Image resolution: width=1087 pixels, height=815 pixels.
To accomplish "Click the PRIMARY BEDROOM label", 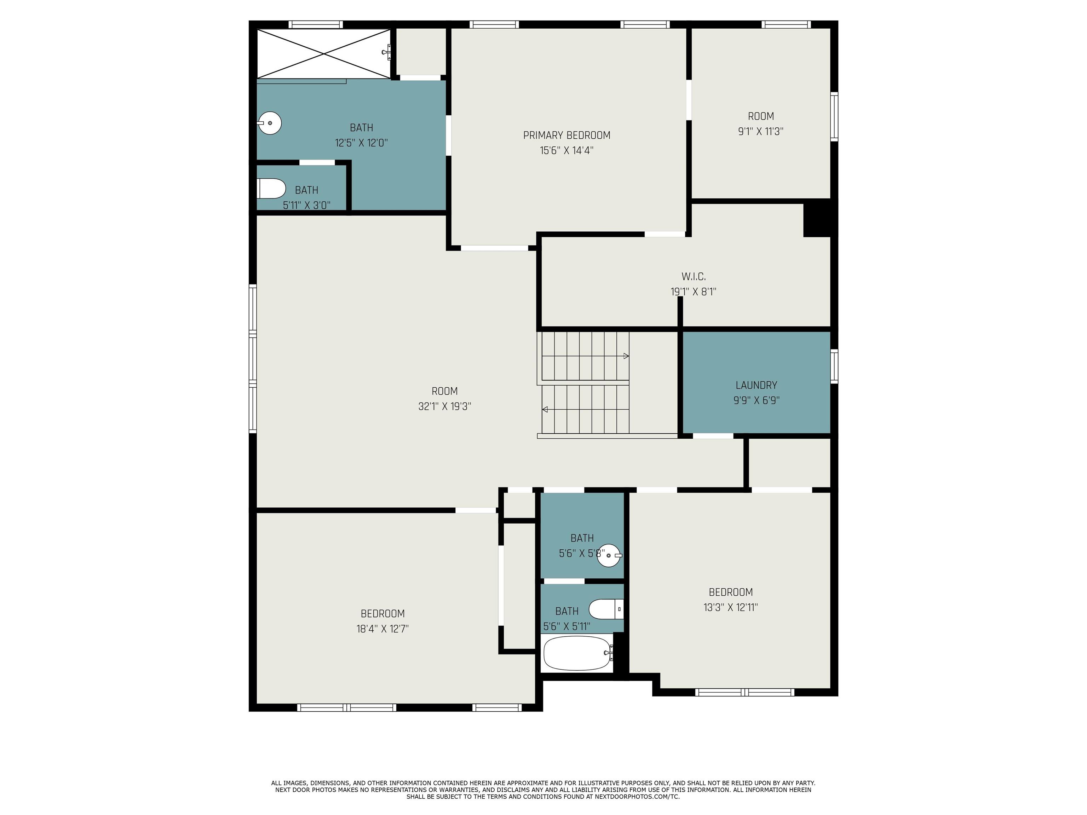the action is (566, 135).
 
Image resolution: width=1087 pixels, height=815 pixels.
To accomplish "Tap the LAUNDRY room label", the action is (756, 385).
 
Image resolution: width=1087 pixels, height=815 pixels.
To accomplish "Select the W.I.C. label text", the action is (694, 277).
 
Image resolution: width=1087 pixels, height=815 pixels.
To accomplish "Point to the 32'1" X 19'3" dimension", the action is (445, 406).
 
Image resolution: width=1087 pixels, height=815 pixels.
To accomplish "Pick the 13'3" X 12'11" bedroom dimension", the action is (731, 607).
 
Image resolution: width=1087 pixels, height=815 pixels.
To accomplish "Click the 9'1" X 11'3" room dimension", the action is (761, 132).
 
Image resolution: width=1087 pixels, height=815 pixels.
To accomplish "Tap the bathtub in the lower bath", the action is (578, 653).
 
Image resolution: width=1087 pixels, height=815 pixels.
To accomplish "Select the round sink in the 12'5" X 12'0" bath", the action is (270, 123).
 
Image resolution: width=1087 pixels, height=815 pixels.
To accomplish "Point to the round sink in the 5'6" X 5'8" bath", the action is (609, 555).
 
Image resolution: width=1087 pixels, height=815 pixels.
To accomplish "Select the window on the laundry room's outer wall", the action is (834, 366).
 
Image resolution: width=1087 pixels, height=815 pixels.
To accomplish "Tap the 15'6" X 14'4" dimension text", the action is (566, 150).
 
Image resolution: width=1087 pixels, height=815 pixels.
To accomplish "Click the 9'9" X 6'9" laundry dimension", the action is (756, 400).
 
